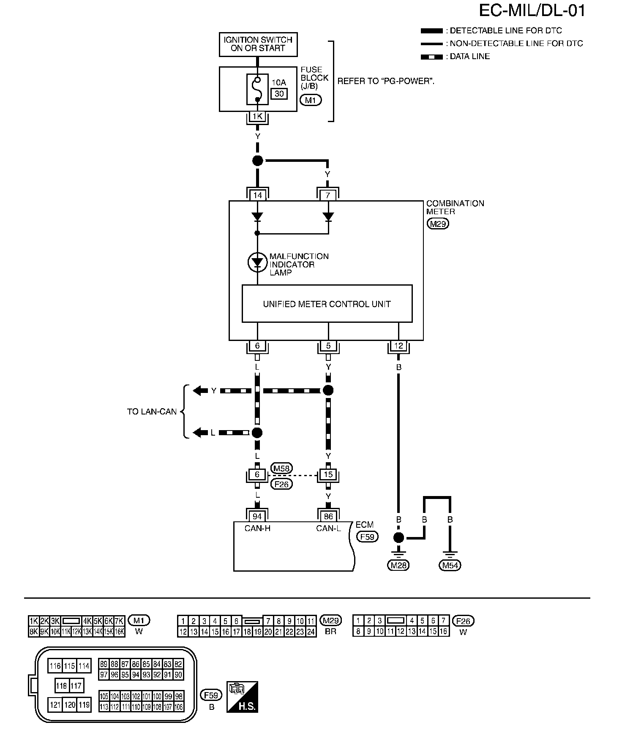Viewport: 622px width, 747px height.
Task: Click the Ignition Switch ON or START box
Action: (x=258, y=44)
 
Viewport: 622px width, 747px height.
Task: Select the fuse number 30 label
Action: (x=279, y=94)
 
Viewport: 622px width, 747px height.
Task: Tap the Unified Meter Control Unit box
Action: (x=327, y=304)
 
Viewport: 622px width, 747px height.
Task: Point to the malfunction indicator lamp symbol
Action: (x=257, y=262)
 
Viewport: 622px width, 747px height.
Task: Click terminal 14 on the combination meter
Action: (x=257, y=195)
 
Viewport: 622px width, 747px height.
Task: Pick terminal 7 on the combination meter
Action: (x=328, y=195)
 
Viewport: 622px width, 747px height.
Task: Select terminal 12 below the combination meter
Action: (x=398, y=346)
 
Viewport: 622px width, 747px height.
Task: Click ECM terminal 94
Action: (x=257, y=516)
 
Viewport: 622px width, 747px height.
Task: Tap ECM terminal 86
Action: (x=328, y=516)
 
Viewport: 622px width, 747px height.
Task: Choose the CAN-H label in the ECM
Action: (x=257, y=528)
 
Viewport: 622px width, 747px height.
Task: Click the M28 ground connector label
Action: (x=398, y=565)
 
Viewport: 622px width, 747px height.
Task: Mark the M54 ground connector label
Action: (x=450, y=565)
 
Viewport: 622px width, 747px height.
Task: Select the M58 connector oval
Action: (x=281, y=469)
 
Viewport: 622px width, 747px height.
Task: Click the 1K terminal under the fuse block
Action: (x=257, y=116)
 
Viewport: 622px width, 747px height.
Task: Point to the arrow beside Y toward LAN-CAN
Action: (x=200, y=391)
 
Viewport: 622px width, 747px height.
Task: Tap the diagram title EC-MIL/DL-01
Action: (x=532, y=11)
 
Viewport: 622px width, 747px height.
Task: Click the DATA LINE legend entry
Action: (x=455, y=57)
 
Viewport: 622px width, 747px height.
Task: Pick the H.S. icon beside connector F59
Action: (x=243, y=697)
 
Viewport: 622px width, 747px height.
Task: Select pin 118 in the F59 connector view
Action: (x=62, y=685)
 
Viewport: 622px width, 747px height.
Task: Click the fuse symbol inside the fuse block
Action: (x=257, y=89)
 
